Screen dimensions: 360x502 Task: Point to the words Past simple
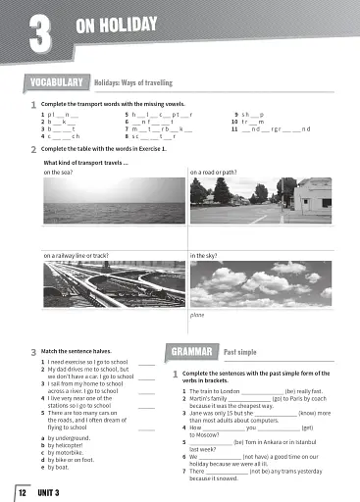coord(242,351)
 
